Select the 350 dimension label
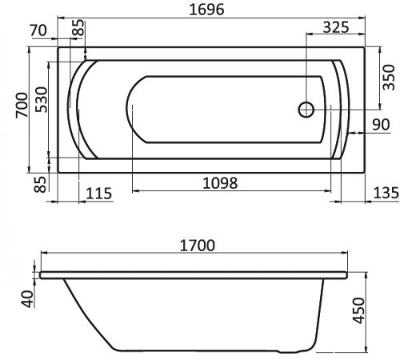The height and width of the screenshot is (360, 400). click(388, 77)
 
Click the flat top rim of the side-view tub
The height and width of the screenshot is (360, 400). click(192, 273)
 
